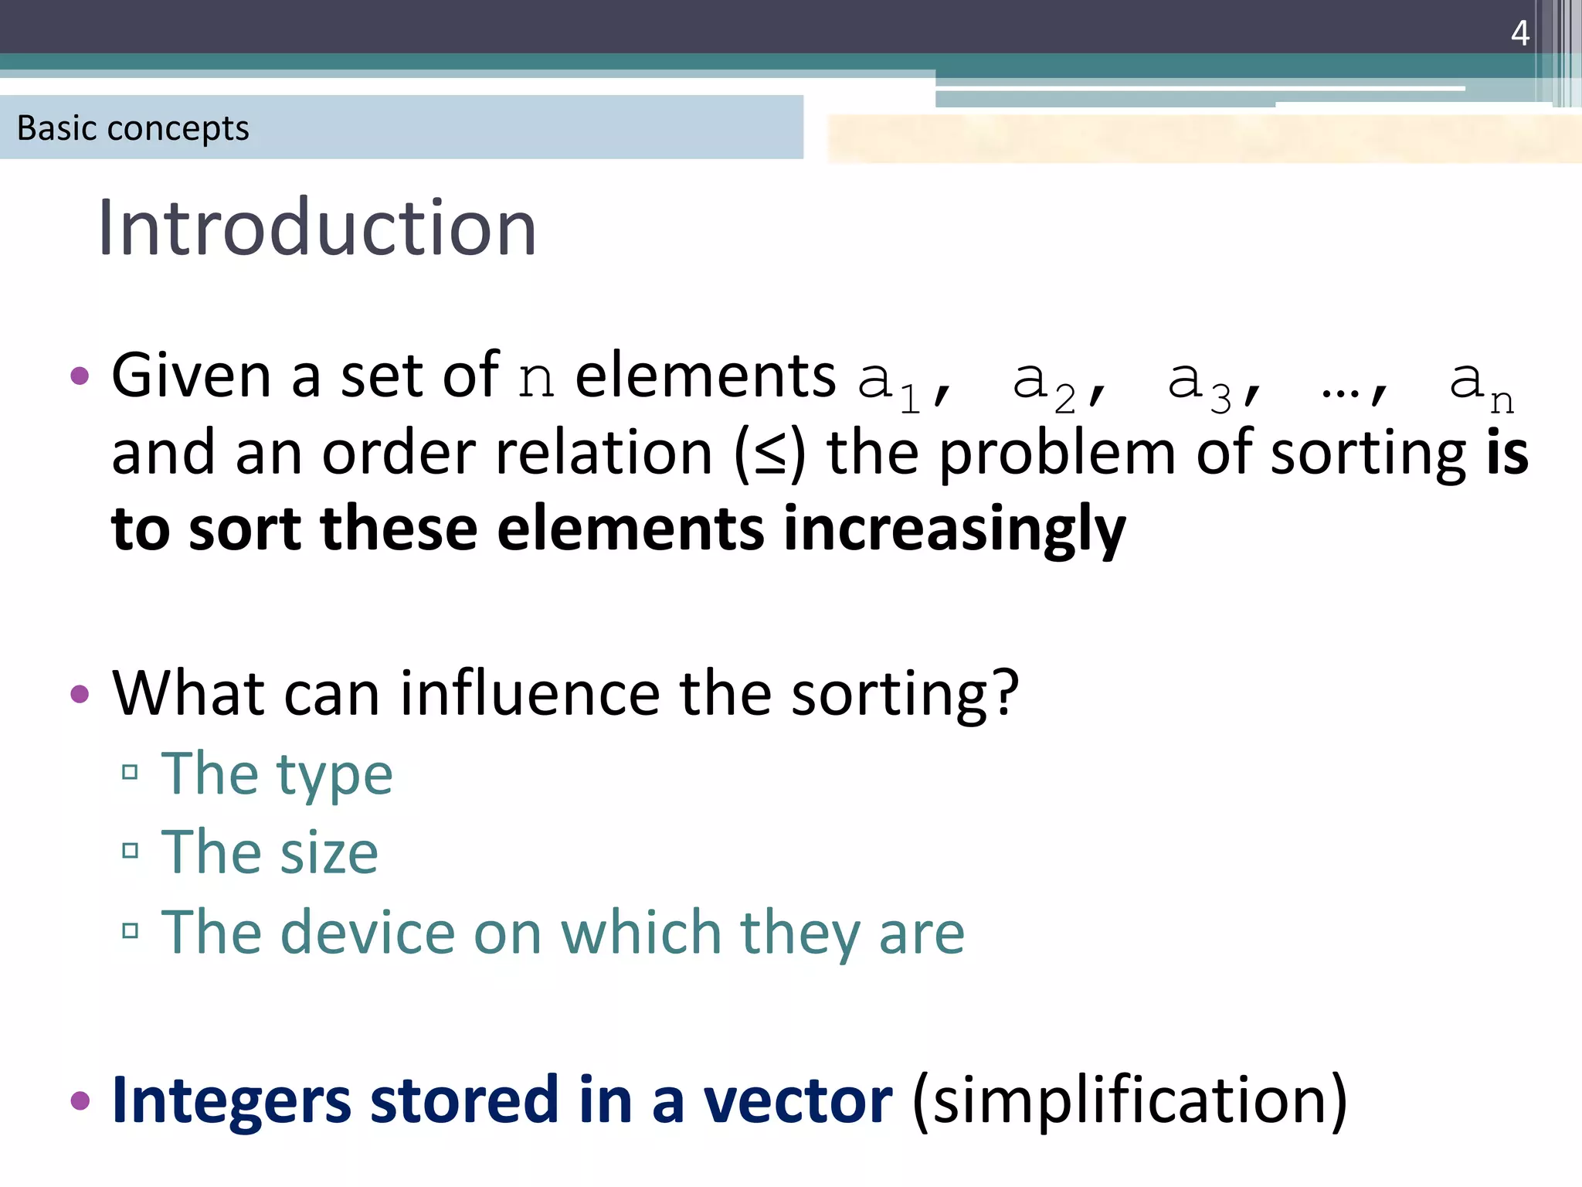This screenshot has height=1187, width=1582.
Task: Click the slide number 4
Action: pos(1519,33)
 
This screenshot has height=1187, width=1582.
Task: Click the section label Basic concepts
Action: pos(133,128)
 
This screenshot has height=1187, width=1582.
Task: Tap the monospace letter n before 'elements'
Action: pos(535,379)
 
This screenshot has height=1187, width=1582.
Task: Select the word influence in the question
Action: pos(529,694)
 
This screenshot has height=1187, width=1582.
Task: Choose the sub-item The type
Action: pos(277,774)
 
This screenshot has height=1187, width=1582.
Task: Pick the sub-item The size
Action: pos(269,853)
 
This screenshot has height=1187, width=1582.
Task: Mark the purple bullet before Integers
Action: pos(80,1100)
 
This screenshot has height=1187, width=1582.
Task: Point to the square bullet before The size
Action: pos(130,852)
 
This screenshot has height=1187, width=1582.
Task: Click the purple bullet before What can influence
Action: pos(80,694)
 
